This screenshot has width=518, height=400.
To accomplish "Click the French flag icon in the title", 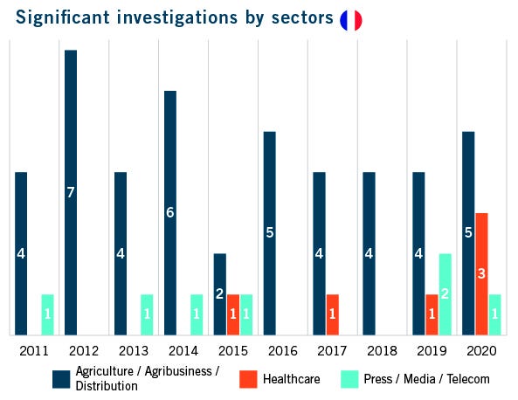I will pos(351,20).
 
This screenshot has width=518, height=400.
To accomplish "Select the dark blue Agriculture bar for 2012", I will pos(71,192).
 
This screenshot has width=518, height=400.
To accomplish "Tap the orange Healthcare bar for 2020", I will pos(481,273).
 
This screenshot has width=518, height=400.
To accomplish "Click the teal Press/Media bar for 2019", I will pos(445,293).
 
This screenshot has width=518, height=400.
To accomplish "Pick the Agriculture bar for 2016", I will pos(269,232).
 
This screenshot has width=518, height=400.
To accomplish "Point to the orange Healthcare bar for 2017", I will pos(332,314).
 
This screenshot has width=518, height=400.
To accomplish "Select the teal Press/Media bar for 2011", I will pos(47,314).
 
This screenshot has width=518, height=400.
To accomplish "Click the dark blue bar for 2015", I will pos(220,293).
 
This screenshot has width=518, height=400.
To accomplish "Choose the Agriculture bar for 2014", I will pos(170,212).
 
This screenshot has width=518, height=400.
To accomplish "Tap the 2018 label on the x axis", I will pos(382,350).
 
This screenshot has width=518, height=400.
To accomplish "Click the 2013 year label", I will pos(134,350).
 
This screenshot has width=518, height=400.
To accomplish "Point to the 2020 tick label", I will pos(481,350).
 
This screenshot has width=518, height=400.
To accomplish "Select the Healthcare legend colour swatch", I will pos(248,379).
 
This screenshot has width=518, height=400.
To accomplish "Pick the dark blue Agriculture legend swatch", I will pos(61,379).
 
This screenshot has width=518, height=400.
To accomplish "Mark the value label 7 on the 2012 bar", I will pos(71,192).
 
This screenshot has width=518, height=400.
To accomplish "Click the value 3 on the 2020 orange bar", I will pos(481,273).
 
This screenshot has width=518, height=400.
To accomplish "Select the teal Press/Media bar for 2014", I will pos(197,314).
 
